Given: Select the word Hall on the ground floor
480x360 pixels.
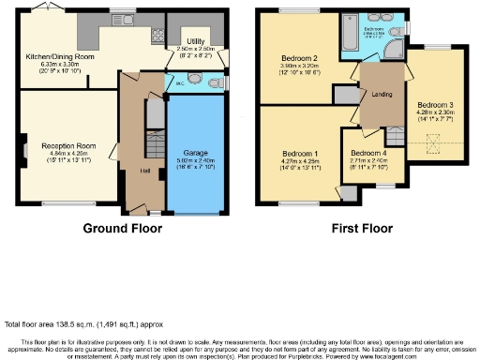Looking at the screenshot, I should pyautogui.click(x=144, y=172).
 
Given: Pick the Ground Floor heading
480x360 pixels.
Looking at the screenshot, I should pyautogui.click(x=122, y=228).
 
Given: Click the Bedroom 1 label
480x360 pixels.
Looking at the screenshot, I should pyautogui.click(x=300, y=154).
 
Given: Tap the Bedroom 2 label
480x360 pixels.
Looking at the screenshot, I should pyautogui.click(x=299, y=58).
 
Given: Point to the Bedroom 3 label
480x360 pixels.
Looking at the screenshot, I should pyautogui.click(x=436, y=104).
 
